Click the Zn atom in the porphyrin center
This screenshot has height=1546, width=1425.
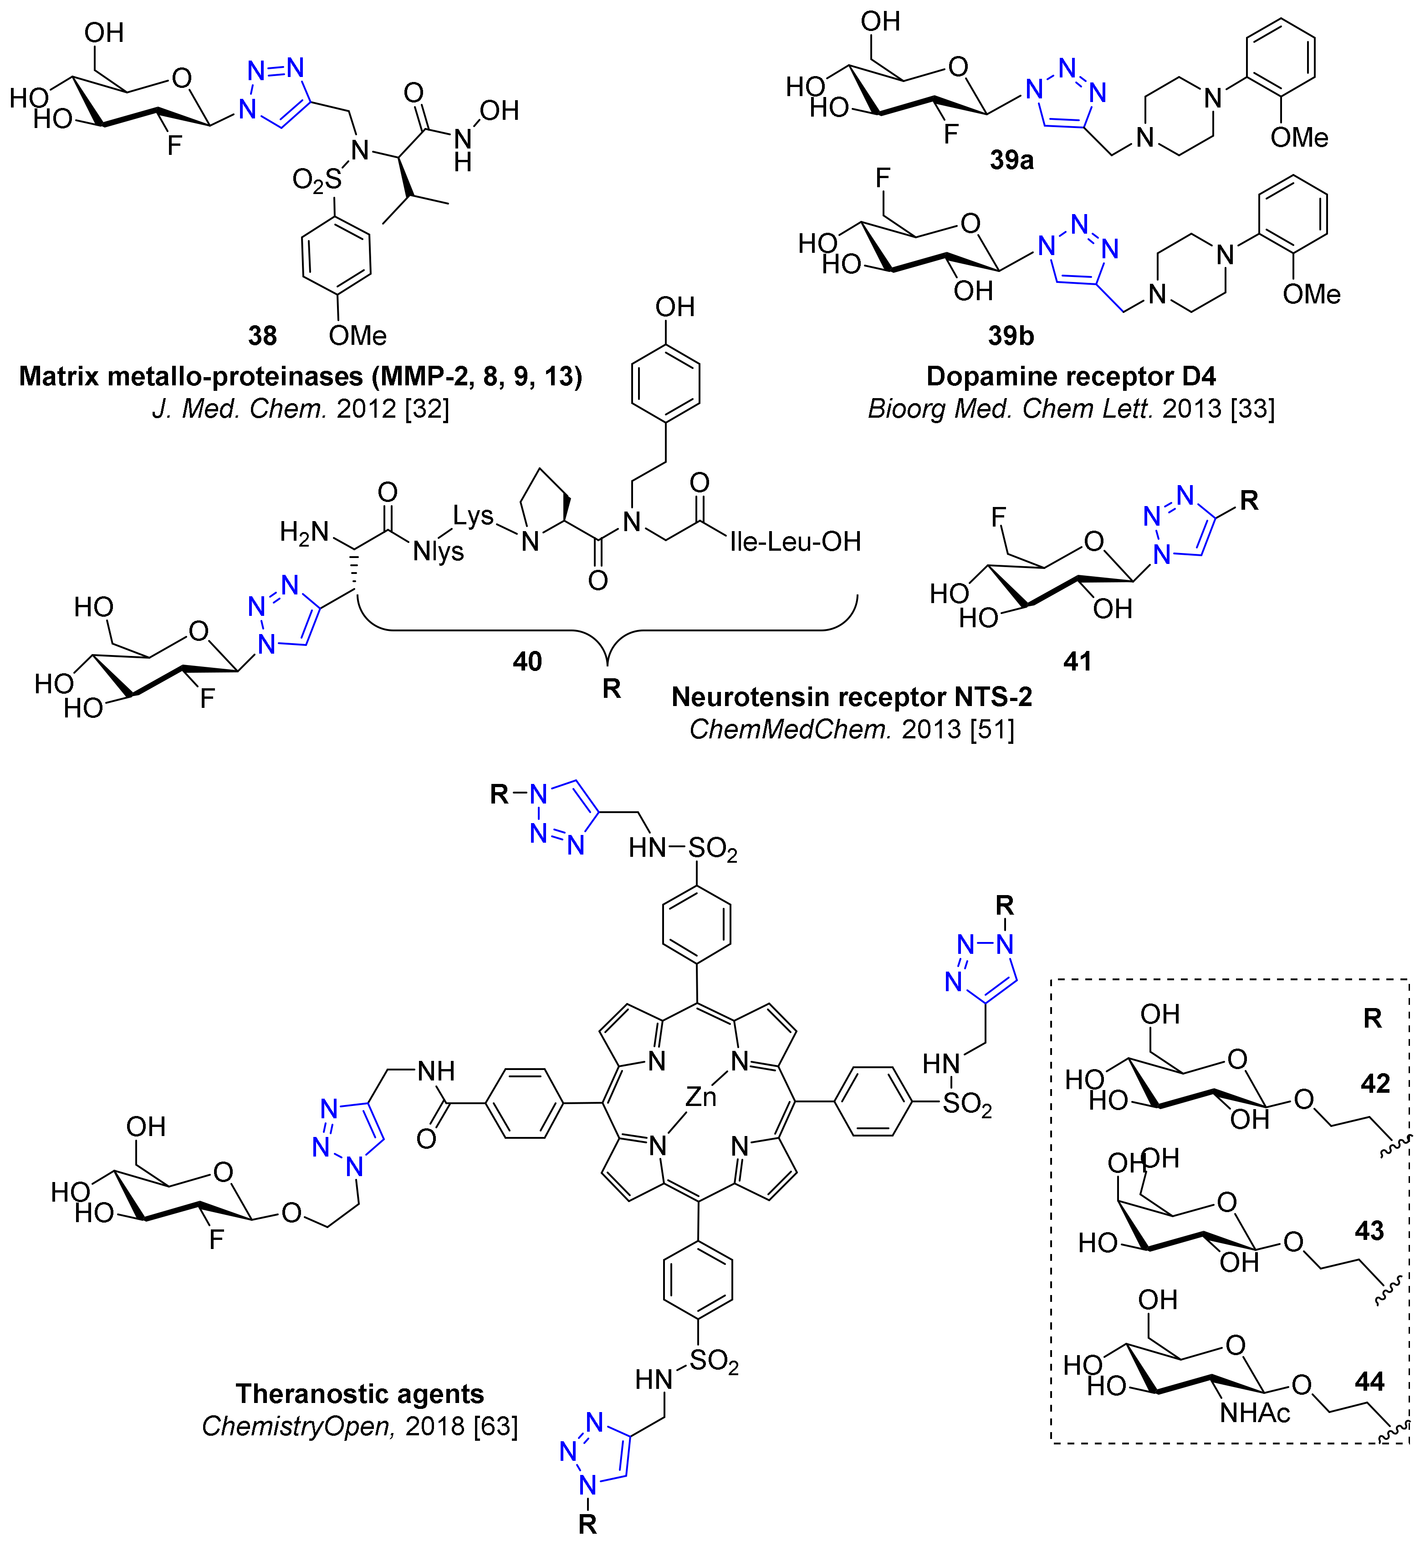pos(701,1096)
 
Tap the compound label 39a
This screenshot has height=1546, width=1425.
pos(1011,160)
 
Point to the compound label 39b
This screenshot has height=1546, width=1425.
pos(1011,336)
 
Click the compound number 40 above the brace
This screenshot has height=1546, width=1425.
pos(527,661)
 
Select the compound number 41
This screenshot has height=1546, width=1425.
pos(1077,661)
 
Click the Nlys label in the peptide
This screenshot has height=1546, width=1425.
pos(438,552)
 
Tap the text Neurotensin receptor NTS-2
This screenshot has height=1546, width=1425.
pos(851,697)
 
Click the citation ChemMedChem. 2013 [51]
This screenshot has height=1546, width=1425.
pos(851,729)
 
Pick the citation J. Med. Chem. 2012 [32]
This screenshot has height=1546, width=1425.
pos(301,409)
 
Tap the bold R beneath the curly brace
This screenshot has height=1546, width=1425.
pos(612,689)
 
